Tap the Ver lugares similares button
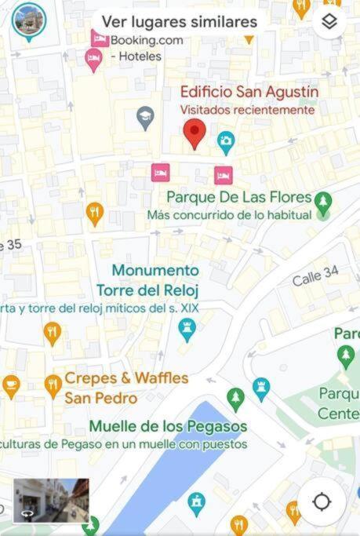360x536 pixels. pyautogui.click(x=179, y=21)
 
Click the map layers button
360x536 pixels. pyautogui.click(x=329, y=22)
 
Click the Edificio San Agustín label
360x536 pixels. pyautogui.click(x=249, y=92)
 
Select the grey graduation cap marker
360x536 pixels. pyautogui.click(x=145, y=119)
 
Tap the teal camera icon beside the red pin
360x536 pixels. pyautogui.click(x=226, y=142)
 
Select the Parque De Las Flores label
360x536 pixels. pyautogui.click(x=239, y=197)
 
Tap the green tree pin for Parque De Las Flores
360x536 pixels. pyautogui.click(x=323, y=203)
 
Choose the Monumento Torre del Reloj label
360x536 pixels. pyautogui.click(x=155, y=280)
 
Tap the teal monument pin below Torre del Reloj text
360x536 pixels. pyautogui.click(x=187, y=330)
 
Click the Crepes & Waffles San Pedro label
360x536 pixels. pyautogui.click(x=125, y=388)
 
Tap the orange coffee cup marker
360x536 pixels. pyautogui.click(x=10, y=385)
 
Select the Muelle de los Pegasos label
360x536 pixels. pyautogui.click(x=168, y=426)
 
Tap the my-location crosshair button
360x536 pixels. pyautogui.click(x=322, y=501)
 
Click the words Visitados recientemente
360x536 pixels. pyautogui.click(x=247, y=110)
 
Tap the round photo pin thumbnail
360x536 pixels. pyautogui.click(x=29, y=21)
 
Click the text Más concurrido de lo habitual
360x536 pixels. pyautogui.click(x=228, y=215)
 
